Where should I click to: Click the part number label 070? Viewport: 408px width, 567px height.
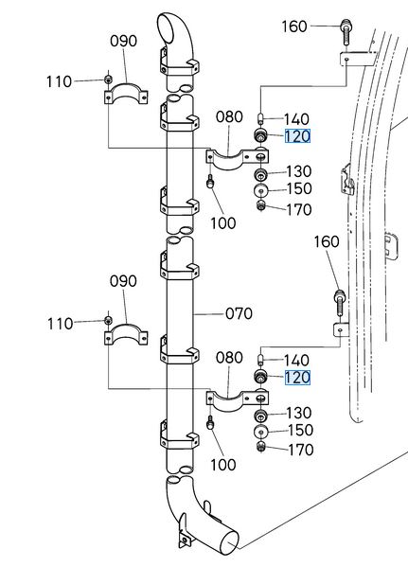click(239, 313)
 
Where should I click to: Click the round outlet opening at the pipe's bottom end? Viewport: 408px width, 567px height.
click(229, 543)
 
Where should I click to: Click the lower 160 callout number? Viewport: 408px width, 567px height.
click(327, 242)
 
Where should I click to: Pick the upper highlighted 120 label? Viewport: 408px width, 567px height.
click(297, 136)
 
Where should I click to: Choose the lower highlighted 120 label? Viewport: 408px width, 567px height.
click(297, 378)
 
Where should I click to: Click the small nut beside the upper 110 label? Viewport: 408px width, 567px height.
click(108, 80)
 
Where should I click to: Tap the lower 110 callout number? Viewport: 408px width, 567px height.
click(60, 324)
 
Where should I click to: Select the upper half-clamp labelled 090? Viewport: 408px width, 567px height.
click(126, 92)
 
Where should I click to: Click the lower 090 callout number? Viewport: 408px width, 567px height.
click(123, 281)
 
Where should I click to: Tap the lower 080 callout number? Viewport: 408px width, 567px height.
click(229, 358)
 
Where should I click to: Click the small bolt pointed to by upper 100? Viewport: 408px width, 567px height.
click(210, 181)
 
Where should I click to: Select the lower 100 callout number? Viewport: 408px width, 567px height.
click(223, 465)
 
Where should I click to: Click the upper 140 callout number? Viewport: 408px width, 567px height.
click(296, 119)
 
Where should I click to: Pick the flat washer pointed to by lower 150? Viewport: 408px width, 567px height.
click(260, 432)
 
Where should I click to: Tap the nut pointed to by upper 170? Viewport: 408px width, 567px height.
click(260, 206)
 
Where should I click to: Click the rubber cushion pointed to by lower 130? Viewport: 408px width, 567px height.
click(260, 416)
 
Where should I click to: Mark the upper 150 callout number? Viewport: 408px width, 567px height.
click(299, 188)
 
